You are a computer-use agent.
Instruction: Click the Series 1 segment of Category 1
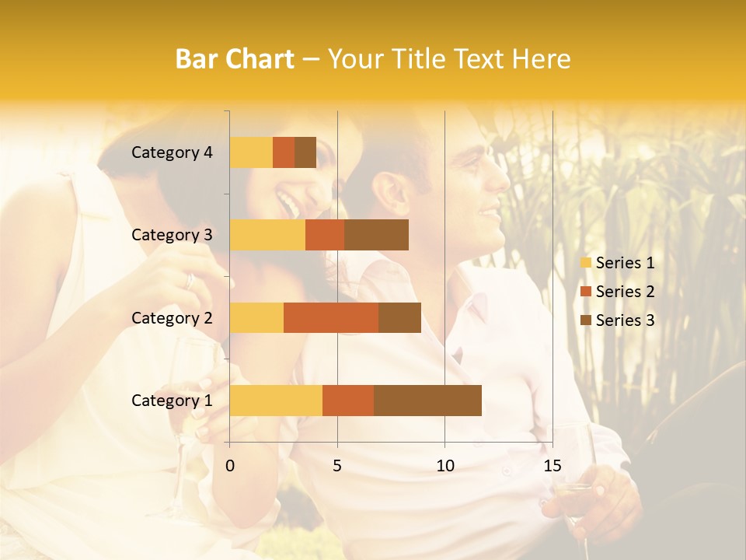276,400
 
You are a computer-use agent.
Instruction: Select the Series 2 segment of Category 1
348,400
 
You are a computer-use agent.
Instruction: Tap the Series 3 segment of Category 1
427,400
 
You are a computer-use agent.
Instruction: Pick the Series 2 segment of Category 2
331,317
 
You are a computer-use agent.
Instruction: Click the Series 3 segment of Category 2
399,317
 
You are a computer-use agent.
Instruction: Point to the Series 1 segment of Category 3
267,235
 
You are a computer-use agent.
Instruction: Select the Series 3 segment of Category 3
376,235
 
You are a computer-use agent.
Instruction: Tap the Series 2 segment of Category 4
284,152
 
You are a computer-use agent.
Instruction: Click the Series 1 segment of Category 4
251,152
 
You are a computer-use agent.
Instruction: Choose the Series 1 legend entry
617,263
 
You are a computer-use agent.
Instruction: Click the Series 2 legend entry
617,292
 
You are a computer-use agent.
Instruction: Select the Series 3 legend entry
617,320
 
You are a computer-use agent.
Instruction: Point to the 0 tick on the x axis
230,466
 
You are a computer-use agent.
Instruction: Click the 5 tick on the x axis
337,466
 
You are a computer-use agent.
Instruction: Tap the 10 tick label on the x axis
444,466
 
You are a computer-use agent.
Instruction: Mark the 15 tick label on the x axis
552,466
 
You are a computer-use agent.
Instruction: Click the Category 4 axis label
172,152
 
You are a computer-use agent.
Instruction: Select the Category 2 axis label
172,317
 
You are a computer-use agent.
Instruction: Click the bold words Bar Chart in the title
235,59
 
